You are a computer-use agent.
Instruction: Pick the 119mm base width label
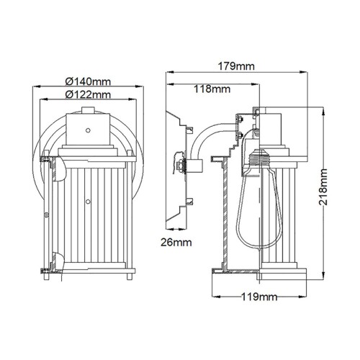pyautogui.click(x=260, y=296)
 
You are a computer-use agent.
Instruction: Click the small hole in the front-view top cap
pyautogui.click(x=87, y=130)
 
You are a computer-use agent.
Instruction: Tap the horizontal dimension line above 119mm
pyautogui.click(x=260, y=287)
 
